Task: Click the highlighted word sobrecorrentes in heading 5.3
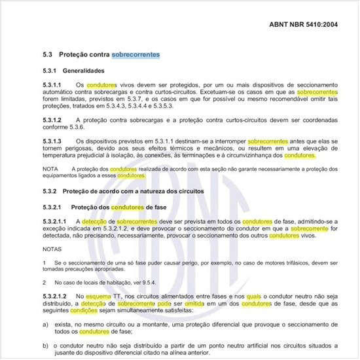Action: click(x=135, y=54)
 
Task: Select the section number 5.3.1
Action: click(x=49, y=70)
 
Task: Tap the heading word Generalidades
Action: click(x=92, y=70)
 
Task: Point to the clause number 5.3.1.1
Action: click(x=51, y=85)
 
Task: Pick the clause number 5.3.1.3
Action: click(x=51, y=141)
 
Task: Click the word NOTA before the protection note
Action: click(x=48, y=169)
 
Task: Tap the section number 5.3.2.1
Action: click(x=52, y=207)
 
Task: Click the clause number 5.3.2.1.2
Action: click(x=54, y=297)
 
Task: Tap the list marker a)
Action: click(x=44, y=323)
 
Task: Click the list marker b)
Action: click(x=44, y=343)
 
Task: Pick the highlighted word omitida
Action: click(x=202, y=304)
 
